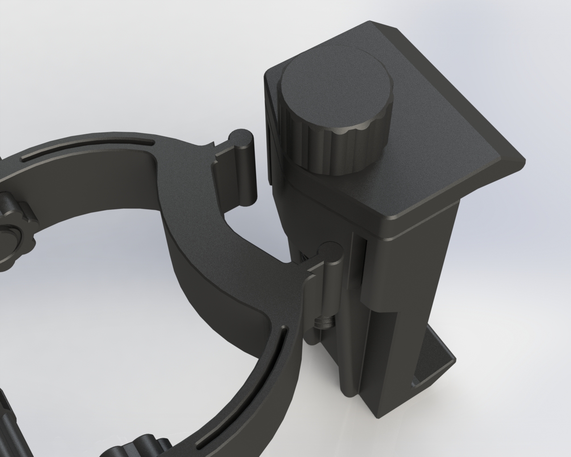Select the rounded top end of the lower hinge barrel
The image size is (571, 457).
(331, 250)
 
